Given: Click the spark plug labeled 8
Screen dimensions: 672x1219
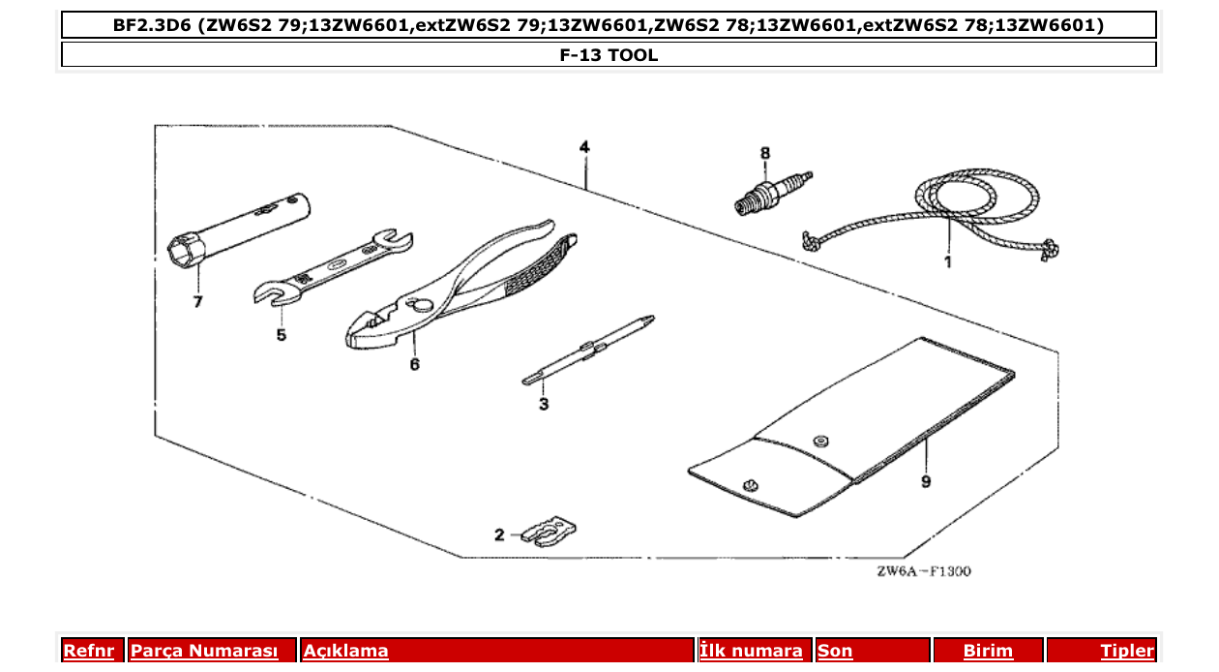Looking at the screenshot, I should point(770,191).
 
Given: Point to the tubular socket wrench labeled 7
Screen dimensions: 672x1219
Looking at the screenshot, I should point(242,228).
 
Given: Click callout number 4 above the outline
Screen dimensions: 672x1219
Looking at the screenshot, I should point(584,147).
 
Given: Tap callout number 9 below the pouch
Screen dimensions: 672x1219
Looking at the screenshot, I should point(926,481).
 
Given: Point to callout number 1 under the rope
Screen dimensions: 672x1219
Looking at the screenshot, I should point(948,261).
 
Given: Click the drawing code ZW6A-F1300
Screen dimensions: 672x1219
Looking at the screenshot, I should point(924,571).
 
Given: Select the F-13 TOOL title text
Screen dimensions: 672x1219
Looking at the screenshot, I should point(609,55).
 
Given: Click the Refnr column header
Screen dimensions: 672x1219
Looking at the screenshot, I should point(88,651).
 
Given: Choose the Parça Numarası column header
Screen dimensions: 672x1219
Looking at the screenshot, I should point(204,651).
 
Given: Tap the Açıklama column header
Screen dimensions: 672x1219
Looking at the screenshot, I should point(346,651).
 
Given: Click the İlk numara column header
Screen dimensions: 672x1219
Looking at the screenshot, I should point(751,651).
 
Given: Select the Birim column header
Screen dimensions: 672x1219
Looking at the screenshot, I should point(988,651).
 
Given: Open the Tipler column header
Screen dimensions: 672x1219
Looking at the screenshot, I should point(1127,651).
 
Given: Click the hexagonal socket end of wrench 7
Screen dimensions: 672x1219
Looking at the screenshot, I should point(186,253).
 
